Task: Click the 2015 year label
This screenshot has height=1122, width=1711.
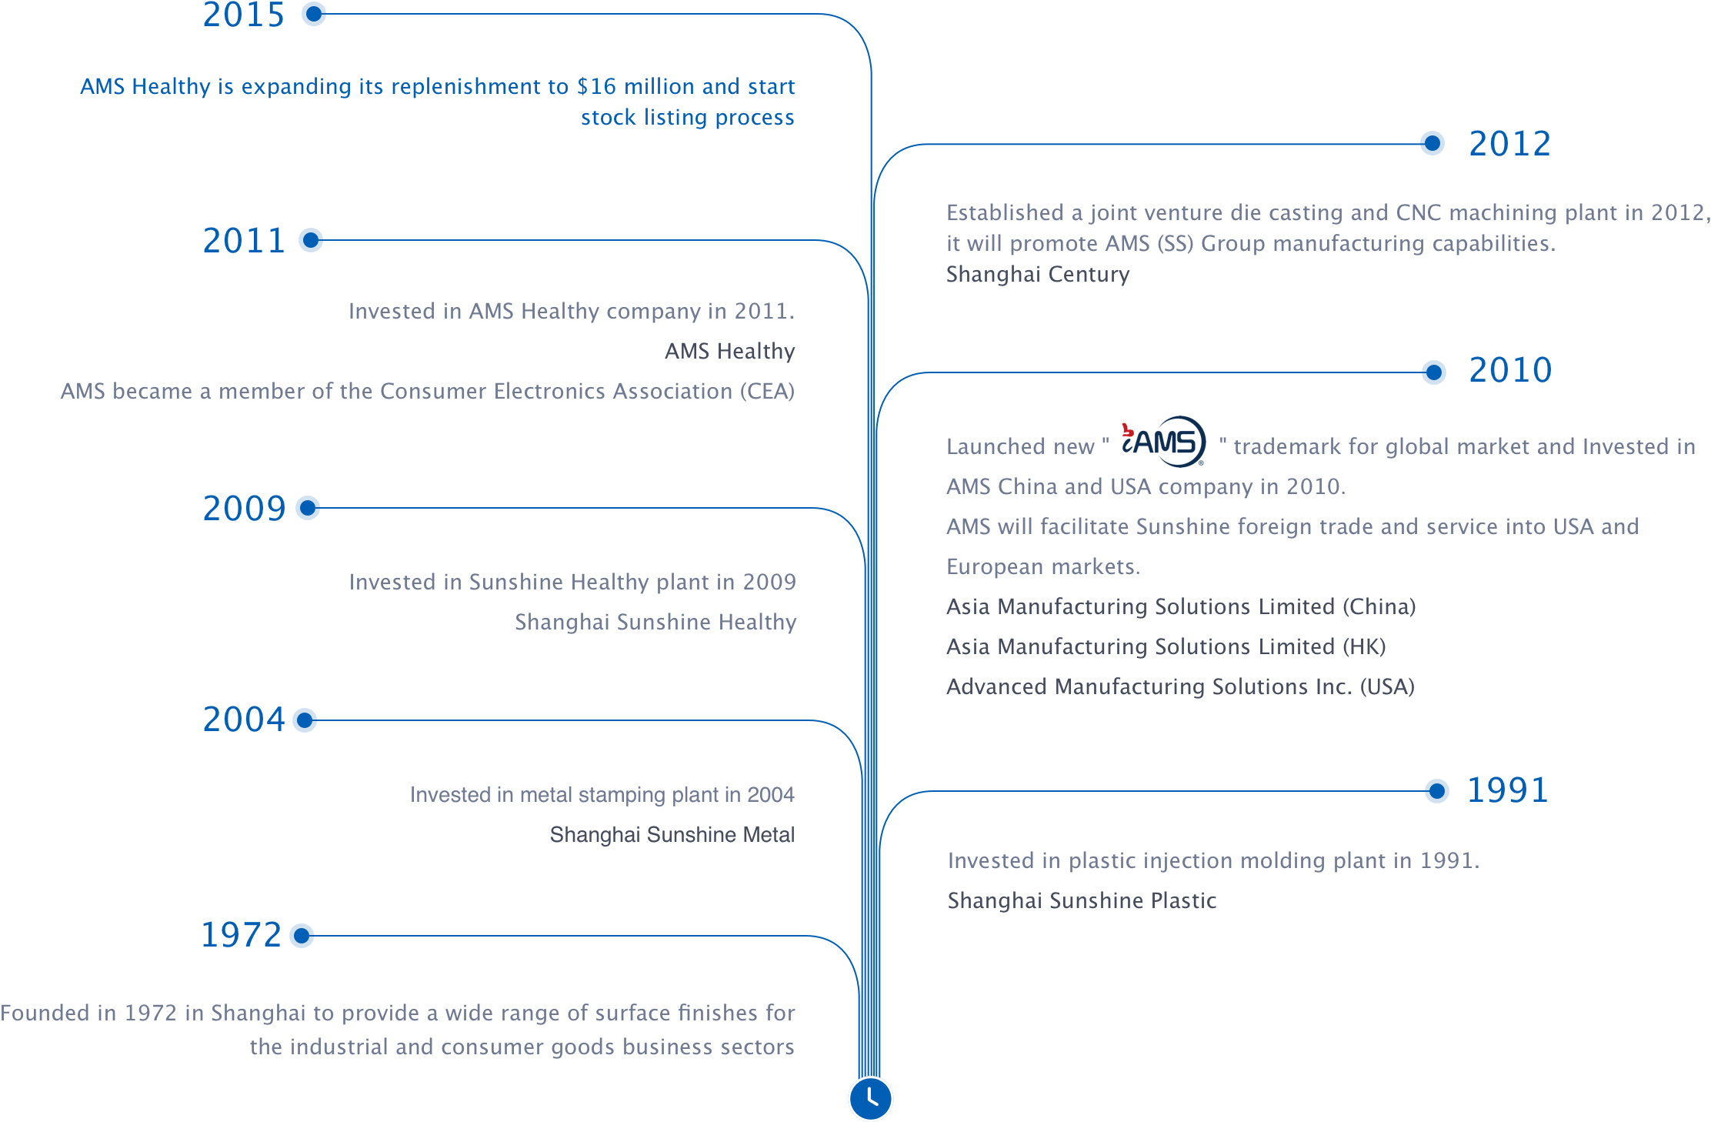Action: pos(243,15)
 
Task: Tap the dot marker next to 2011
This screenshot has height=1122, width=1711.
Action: pos(311,240)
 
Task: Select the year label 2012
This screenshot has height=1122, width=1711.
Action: pos(1509,144)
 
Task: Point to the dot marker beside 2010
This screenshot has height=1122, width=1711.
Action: pos(1433,372)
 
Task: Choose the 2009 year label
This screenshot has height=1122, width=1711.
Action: pos(244,508)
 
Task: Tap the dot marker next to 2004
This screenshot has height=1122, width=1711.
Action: pos(305,720)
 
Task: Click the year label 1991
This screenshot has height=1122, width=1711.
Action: pos(1508,790)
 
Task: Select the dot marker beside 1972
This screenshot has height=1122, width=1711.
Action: pos(302,936)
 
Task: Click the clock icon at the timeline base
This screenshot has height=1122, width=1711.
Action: pos(870,1098)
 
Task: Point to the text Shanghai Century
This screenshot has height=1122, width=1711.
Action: pos(1038,274)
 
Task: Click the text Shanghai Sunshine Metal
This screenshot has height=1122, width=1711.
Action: pos(672,834)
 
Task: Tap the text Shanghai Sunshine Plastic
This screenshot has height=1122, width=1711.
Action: pos(1082,900)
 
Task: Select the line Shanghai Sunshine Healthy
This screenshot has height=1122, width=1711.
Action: pos(655,622)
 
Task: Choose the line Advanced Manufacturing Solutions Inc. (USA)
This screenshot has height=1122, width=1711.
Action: pos(1181,686)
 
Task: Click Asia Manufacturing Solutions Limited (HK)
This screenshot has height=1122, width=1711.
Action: pos(1166,646)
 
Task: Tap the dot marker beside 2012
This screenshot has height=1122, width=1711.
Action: pos(1432,143)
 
